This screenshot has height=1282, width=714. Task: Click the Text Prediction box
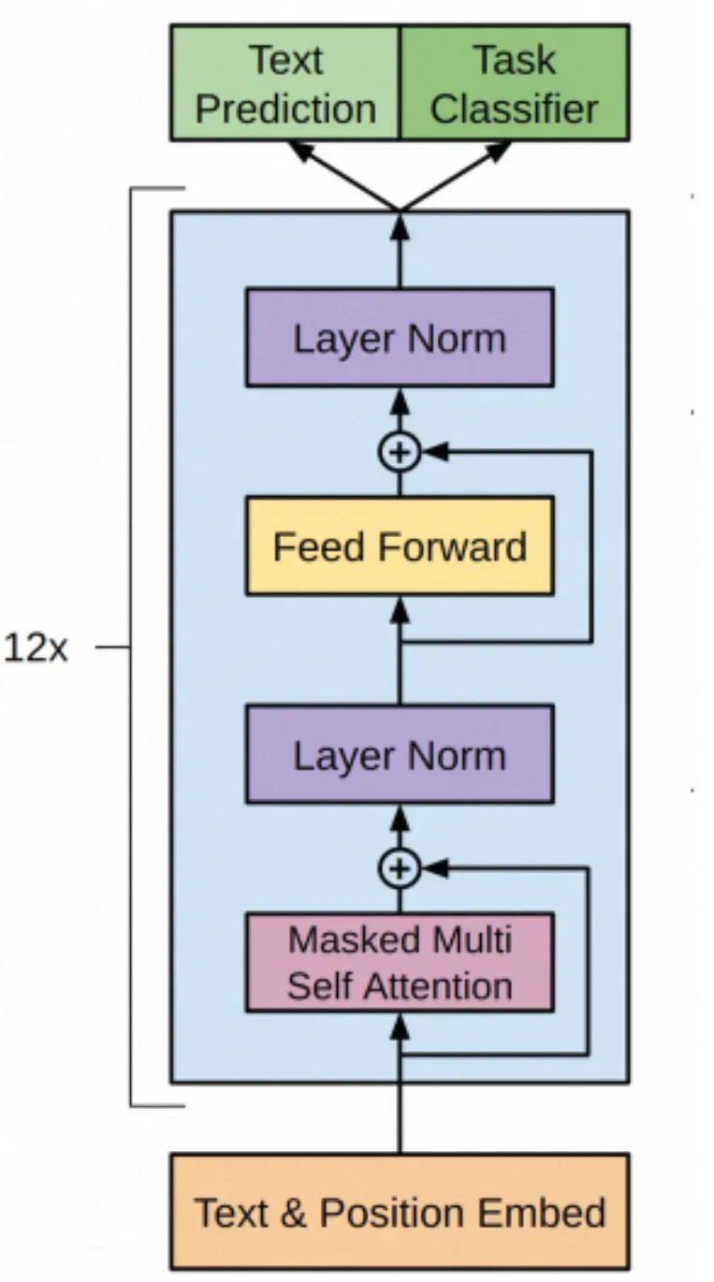point(284,83)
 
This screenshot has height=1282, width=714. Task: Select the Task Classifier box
point(515,83)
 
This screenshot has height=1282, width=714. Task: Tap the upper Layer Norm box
point(400,338)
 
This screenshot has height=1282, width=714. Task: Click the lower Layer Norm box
point(400,754)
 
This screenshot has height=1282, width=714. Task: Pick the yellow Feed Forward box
point(400,546)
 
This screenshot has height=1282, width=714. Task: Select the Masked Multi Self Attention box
point(400,963)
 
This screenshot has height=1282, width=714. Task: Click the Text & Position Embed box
point(400,1212)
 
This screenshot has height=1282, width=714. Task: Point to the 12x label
point(36,648)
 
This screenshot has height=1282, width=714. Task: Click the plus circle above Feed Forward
point(400,452)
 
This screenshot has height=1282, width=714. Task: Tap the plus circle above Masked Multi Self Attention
point(400,868)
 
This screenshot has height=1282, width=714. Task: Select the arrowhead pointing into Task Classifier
point(499,151)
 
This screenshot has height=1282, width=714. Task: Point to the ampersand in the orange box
point(294,1212)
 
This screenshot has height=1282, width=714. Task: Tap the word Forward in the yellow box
point(453,546)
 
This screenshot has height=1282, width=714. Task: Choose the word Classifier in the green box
point(514,108)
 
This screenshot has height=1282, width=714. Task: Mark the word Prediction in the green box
point(285,108)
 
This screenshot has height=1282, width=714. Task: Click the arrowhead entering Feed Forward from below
point(400,609)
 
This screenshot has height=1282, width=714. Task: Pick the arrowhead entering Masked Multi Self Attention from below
point(400,1026)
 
